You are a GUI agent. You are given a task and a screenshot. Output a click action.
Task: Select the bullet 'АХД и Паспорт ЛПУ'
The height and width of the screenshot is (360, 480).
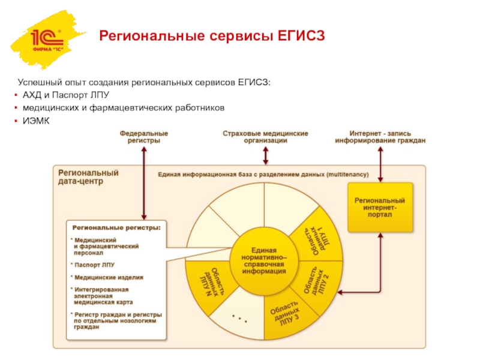tap(66, 95)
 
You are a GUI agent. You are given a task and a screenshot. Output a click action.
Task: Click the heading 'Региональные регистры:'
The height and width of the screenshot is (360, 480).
tap(116, 228)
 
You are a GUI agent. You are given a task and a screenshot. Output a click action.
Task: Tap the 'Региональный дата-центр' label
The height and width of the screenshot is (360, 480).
tap(88, 176)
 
